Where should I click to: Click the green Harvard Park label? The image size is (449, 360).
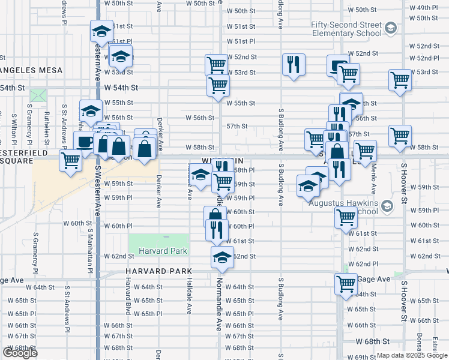[163, 251]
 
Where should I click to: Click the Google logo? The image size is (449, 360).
[20, 353]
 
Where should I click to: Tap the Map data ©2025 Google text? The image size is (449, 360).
[412, 355]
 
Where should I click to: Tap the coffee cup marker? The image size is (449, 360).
[84, 142]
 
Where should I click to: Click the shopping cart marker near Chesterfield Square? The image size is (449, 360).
[71, 160]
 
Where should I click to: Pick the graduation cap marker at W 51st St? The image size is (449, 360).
[101, 31]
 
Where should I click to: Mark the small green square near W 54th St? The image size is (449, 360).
[38, 95]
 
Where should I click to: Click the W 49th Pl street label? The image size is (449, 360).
[427, 7]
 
